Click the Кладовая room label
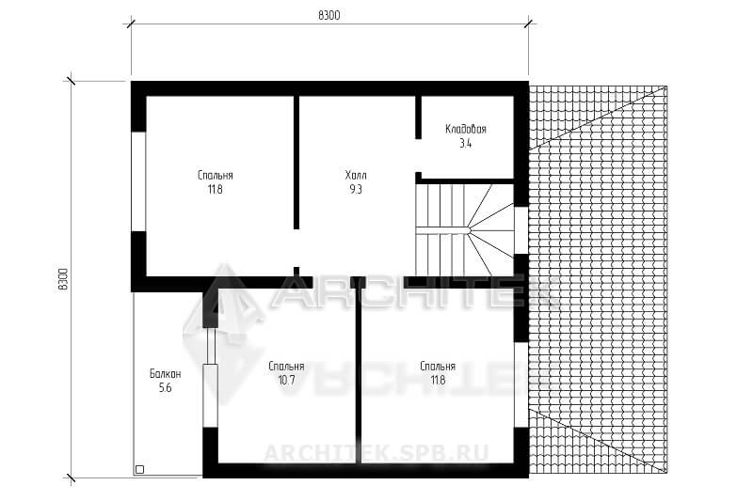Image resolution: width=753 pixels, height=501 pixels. (x=465, y=129)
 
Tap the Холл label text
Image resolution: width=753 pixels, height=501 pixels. (x=356, y=176)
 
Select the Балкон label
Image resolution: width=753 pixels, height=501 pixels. (x=165, y=374)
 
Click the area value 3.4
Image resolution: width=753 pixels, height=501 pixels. (x=465, y=144)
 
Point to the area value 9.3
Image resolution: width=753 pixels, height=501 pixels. (x=356, y=189)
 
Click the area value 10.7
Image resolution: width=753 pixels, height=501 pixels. (x=286, y=381)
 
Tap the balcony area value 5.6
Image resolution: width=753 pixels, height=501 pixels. (x=165, y=388)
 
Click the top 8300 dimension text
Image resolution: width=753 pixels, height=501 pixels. (x=328, y=15)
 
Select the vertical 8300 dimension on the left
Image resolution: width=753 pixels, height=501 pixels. (x=63, y=279)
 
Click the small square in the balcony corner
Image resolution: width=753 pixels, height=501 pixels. (x=139, y=469)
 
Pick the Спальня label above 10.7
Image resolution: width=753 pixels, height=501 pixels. (x=286, y=367)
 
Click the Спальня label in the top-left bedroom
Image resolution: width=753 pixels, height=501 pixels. (x=216, y=176)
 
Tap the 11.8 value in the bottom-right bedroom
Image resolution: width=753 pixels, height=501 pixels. (x=438, y=381)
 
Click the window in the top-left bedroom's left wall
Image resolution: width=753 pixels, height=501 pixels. (x=138, y=181)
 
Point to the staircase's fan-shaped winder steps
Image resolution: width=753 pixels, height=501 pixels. (x=489, y=230)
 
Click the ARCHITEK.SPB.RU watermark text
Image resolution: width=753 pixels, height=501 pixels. (x=376, y=453)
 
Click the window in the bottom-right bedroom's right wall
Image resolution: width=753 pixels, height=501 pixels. (x=521, y=384)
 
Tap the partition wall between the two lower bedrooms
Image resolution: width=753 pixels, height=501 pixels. (x=358, y=375)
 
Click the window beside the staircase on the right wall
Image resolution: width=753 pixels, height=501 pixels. (x=521, y=230)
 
